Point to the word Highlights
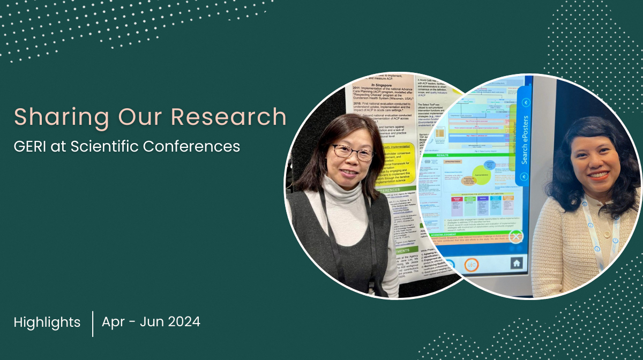[x=47, y=322]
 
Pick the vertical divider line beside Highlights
[x=93, y=324]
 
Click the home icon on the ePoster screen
[x=516, y=263]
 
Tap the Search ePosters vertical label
[x=525, y=139]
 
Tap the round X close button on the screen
[x=515, y=236]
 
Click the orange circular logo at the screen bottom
[x=471, y=265]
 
